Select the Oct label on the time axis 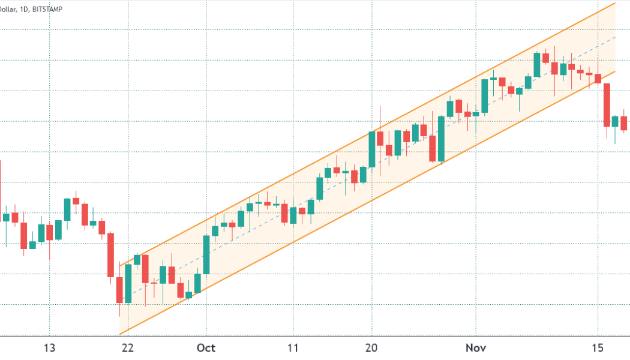(x=206, y=348)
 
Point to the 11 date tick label (x=292, y=348)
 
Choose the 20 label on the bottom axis (x=372, y=348)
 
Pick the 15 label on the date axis (x=598, y=348)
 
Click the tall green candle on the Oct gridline (x=206, y=254)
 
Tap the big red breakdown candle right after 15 (x=607, y=104)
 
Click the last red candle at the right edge (x=624, y=123)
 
